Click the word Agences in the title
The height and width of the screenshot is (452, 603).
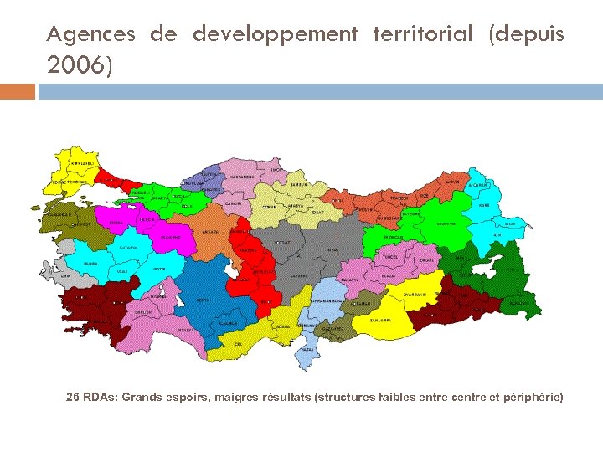click(91, 34)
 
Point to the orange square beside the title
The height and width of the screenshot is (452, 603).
click(18, 91)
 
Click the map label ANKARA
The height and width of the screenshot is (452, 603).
click(212, 232)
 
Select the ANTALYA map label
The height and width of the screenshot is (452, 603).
click(184, 330)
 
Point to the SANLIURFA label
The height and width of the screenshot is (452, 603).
click(382, 320)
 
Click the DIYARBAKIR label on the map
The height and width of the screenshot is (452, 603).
click(415, 295)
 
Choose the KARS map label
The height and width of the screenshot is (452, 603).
click(484, 205)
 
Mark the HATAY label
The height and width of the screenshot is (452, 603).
click(307, 348)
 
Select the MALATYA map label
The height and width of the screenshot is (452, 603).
click(349, 280)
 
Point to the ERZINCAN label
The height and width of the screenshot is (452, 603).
click(393, 237)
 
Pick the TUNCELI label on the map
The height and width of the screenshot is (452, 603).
click(392, 257)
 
